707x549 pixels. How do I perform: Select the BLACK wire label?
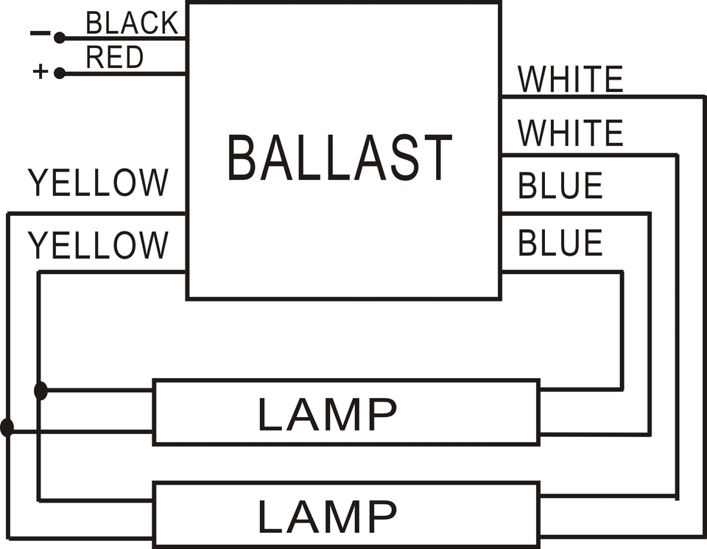coord(132,24)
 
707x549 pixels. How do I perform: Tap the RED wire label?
coord(114,57)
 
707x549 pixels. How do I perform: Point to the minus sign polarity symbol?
coord(39,33)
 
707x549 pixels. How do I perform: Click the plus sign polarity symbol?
coord(40,72)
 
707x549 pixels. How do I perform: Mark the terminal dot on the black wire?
coord(60,38)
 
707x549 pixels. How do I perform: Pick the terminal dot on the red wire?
coord(60,73)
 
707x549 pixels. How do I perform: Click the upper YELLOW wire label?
coord(98,183)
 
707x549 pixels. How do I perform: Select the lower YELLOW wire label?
coord(98,245)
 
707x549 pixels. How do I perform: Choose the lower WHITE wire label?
coord(571,133)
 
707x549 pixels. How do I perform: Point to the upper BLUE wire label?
coord(560,186)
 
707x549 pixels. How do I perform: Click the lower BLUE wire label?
coord(560,243)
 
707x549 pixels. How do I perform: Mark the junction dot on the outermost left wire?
coord(7,427)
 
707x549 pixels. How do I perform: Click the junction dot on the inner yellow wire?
coord(41,391)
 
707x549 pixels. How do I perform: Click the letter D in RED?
coord(133,57)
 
